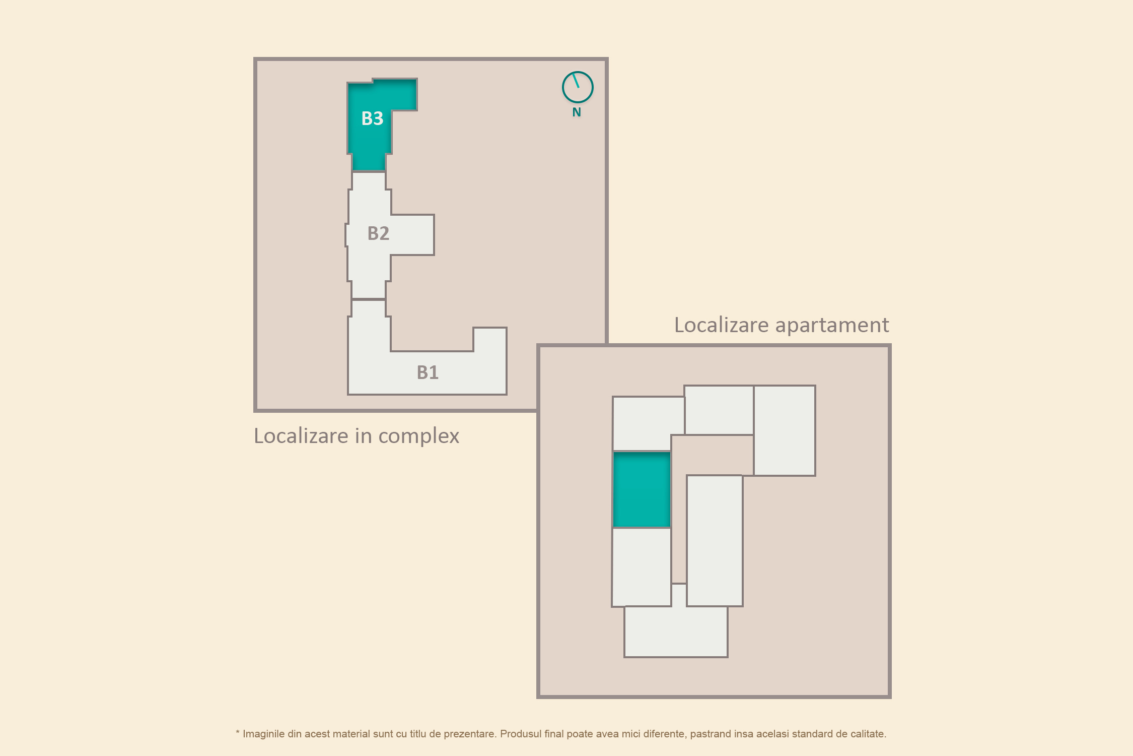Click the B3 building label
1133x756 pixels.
(x=372, y=118)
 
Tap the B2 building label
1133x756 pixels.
(x=378, y=233)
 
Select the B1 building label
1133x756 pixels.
(x=428, y=372)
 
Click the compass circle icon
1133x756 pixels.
(x=578, y=87)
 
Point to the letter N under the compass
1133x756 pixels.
(x=577, y=112)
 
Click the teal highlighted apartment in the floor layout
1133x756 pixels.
(x=642, y=489)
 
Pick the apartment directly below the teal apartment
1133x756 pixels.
(x=642, y=567)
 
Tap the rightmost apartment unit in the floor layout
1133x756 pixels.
(x=785, y=430)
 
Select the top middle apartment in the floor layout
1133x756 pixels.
(x=719, y=410)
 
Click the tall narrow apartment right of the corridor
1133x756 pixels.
(x=715, y=540)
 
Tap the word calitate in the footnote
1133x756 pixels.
(x=868, y=734)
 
